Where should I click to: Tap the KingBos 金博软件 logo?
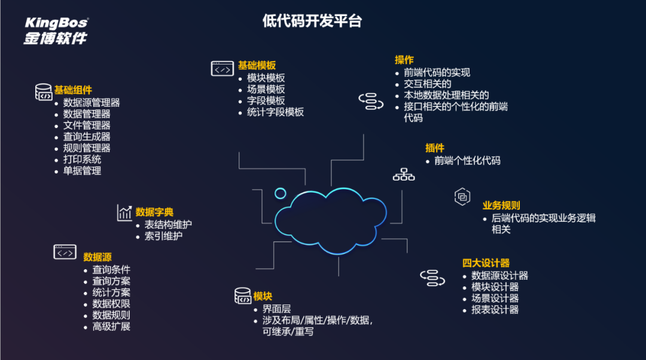pos(56,30)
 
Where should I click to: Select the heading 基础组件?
pos(73,90)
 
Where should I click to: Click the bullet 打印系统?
pos(82,159)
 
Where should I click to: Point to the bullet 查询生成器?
pos(87,136)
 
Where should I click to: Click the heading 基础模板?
pos(257,66)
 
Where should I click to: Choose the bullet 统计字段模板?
pos(275,112)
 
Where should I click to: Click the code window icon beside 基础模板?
pos(223,69)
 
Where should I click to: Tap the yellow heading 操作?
pos(404,60)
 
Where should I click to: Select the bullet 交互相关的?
pos(427,84)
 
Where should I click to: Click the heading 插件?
pos(435,148)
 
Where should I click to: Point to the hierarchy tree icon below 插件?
pos(404,175)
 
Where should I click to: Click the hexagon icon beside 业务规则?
pos(462,197)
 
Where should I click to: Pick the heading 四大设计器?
pos(486,263)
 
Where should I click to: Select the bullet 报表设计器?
pos(495,310)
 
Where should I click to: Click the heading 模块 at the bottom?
pos(263,297)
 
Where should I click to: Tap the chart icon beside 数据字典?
pos(124,212)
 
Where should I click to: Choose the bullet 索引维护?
pos(163,236)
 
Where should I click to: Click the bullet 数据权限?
pos(111,304)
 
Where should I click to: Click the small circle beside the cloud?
pos(280,193)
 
